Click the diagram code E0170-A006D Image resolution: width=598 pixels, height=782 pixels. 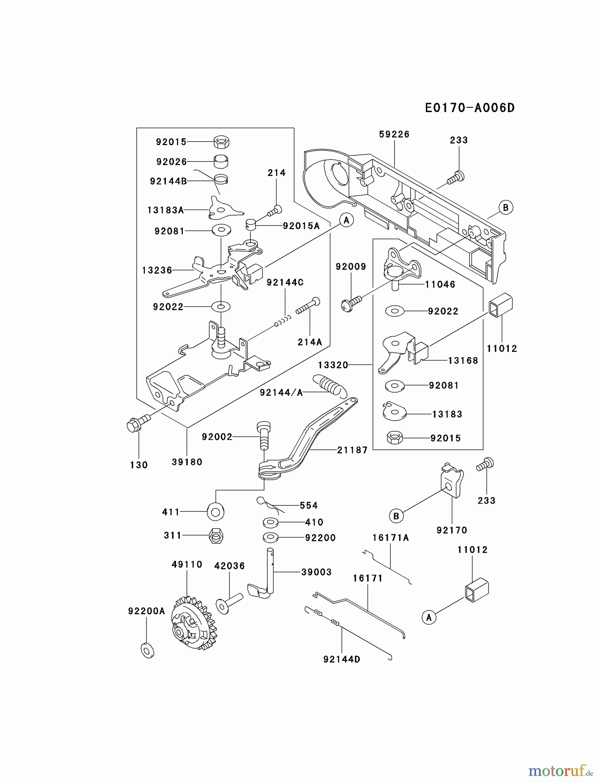469,108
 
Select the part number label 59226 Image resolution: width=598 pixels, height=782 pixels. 394,134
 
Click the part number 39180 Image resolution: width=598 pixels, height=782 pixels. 187,462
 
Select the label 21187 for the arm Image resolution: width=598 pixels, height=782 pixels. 352,450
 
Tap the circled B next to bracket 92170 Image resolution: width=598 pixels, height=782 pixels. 396,516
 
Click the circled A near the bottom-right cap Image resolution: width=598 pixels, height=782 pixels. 429,617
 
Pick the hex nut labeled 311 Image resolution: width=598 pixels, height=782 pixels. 216,536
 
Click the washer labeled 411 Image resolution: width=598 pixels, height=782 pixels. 216,512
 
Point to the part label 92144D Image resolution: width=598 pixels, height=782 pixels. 342,659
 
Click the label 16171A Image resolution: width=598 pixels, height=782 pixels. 390,538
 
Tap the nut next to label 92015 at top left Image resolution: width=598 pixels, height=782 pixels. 222,141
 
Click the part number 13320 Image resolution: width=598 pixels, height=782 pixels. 333,365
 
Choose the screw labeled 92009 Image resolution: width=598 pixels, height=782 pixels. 350,304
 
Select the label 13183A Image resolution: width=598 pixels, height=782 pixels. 165,210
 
